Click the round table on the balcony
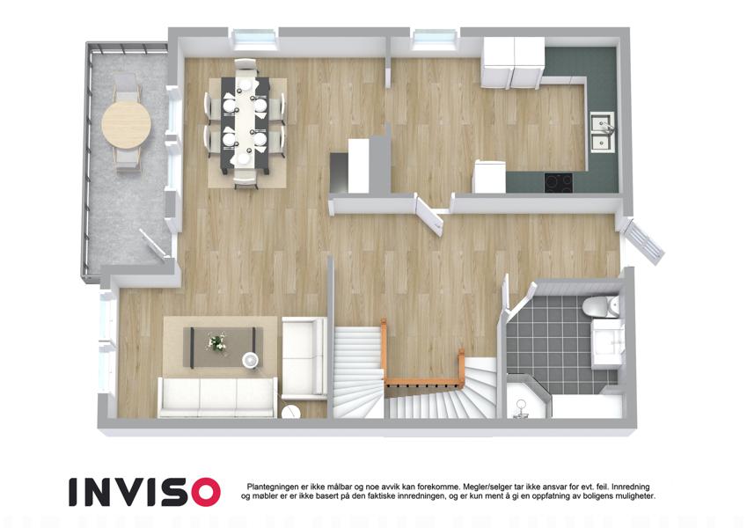click(126, 124)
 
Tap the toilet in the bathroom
click(600, 306)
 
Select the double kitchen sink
click(603, 132)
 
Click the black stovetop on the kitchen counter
click(559, 183)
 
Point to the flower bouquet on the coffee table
click(217, 342)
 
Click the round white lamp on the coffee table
click(251, 360)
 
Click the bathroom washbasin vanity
click(607, 344)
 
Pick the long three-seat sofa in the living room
click(217, 398)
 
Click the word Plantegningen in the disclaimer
click(273, 487)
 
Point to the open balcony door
click(154, 245)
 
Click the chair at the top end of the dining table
click(245, 65)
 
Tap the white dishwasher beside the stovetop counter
click(490, 176)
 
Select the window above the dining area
click(255, 39)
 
